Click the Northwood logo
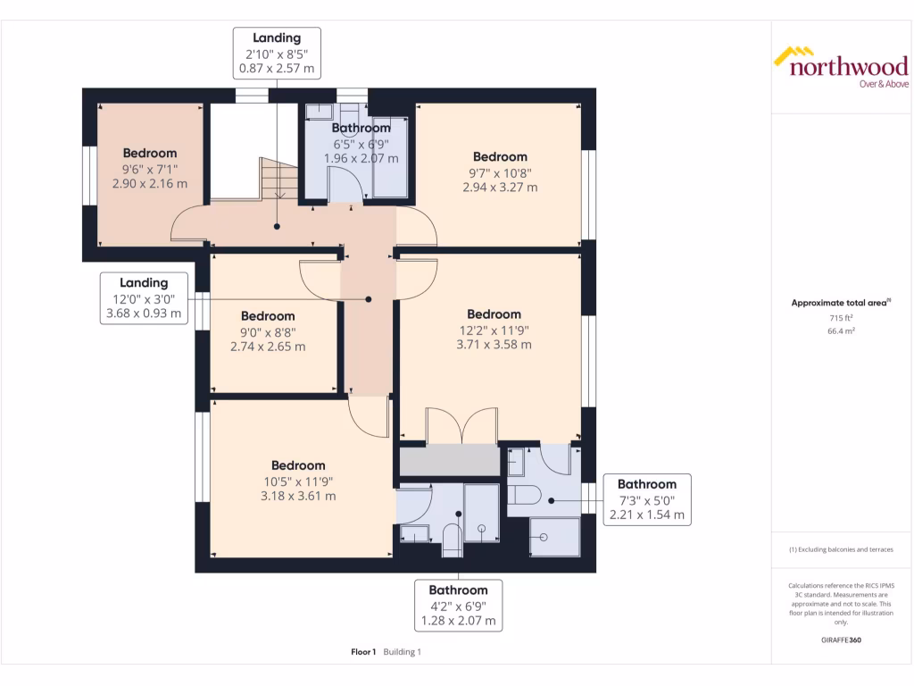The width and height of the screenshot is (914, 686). point(840,68)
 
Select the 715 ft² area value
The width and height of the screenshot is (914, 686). point(840,317)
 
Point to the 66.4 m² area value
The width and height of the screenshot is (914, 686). point(840,330)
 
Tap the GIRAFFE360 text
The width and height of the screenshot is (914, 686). point(840,640)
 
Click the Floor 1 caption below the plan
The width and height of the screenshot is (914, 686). point(364,652)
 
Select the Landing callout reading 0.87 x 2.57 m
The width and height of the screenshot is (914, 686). point(277,53)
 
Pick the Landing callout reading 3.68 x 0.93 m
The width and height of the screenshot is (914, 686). point(144,297)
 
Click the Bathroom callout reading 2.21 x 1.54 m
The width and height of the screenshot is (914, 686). point(646,499)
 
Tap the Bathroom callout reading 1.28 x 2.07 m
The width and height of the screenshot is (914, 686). point(458,605)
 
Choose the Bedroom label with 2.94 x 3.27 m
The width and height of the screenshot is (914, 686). point(500,171)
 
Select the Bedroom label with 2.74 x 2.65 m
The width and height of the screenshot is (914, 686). point(268,330)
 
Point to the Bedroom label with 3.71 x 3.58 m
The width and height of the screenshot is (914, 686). point(494,329)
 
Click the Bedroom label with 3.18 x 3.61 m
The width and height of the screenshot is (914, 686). point(298,481)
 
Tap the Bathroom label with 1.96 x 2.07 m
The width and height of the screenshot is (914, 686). point(361,143)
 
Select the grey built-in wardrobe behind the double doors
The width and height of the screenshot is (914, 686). point(449,461)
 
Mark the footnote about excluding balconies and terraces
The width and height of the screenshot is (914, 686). point(840,549)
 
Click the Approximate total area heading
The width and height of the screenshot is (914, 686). point(840,303)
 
